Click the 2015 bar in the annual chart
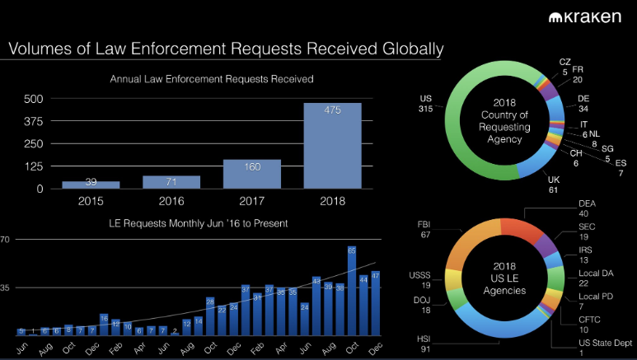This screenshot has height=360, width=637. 91,184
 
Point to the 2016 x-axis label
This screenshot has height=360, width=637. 171,200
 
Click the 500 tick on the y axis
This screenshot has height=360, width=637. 33,98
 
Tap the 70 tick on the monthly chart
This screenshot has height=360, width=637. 4,240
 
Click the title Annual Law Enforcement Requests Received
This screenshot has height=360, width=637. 212,79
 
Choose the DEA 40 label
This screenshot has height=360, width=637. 588,208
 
